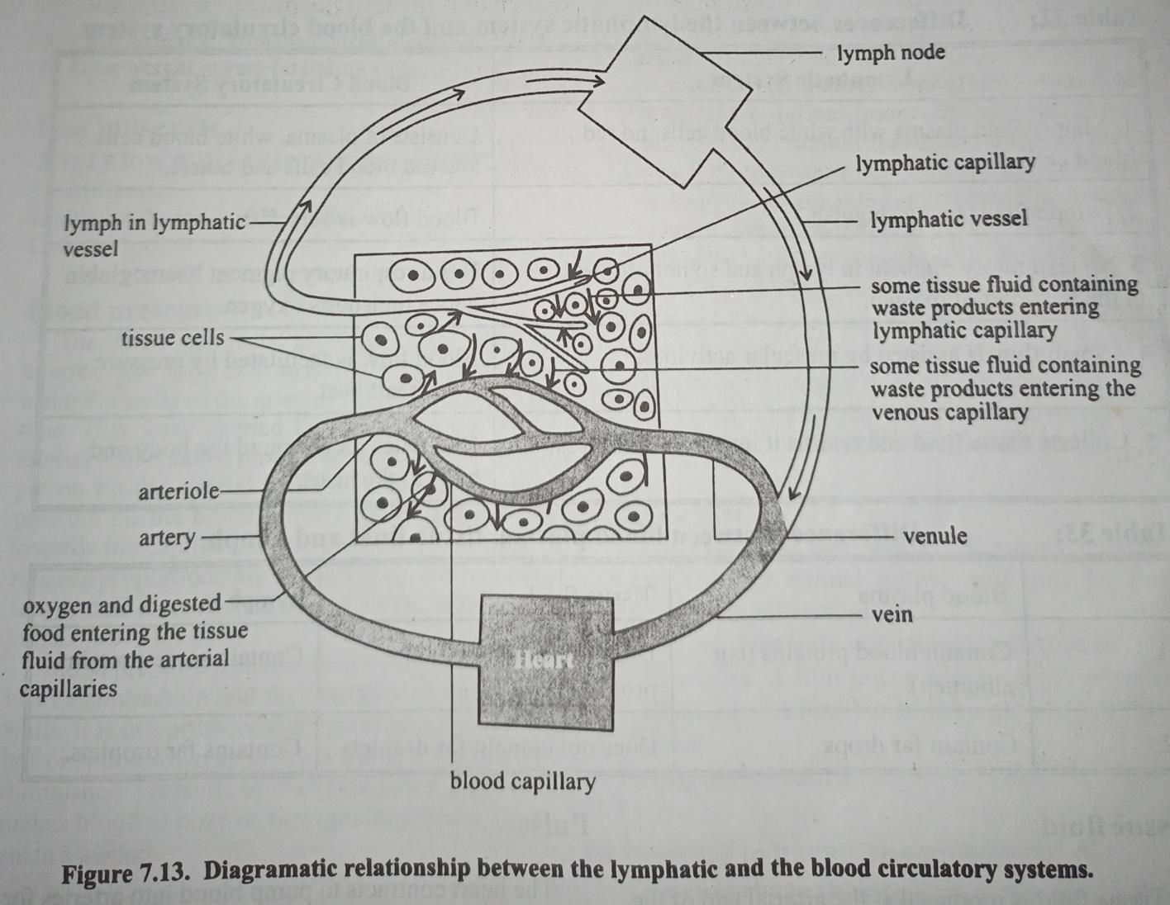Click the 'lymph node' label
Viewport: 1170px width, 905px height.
click(891, 54)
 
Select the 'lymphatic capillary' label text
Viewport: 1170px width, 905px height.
click(944, 163)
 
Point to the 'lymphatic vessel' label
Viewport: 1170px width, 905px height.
click(949, 219)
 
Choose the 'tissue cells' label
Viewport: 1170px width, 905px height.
click(172, 338)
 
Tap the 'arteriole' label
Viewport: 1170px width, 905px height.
click(178, 492)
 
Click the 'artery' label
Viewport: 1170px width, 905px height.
click(167, 538)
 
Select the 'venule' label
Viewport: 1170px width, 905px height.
click(935, 536)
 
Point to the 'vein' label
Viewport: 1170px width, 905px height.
click(892, 614)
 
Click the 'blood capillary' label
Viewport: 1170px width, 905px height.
click(522, 781)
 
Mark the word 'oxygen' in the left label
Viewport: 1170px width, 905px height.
click(56, 606)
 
